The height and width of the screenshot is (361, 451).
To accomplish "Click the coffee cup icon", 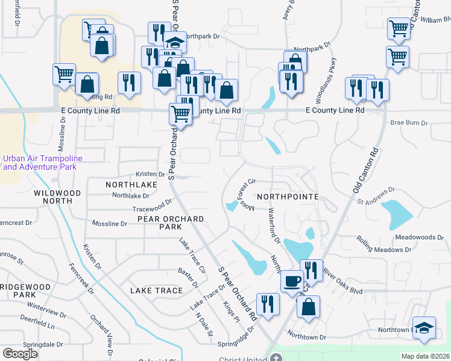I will [292, 281].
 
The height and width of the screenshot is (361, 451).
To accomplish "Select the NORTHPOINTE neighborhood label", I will [286, 197].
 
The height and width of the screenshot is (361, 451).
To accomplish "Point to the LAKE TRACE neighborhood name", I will [156, 291].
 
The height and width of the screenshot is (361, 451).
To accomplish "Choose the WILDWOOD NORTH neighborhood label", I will [57, 198].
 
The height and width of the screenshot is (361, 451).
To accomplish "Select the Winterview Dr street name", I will [46, 311].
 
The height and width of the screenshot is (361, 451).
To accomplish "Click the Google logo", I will [20, 354].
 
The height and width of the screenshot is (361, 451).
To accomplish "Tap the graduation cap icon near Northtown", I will [425, 329].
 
